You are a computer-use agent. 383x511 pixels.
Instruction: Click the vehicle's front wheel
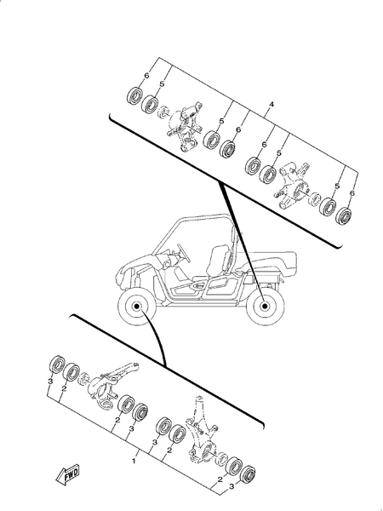coord(137,307)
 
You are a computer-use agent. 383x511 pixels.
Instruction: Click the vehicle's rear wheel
coord(265,306)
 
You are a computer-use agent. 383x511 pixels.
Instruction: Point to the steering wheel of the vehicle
coord(180,249)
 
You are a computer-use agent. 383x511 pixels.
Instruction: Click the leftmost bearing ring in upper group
coord(134,95)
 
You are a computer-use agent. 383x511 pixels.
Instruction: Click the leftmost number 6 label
coord(146,77)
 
